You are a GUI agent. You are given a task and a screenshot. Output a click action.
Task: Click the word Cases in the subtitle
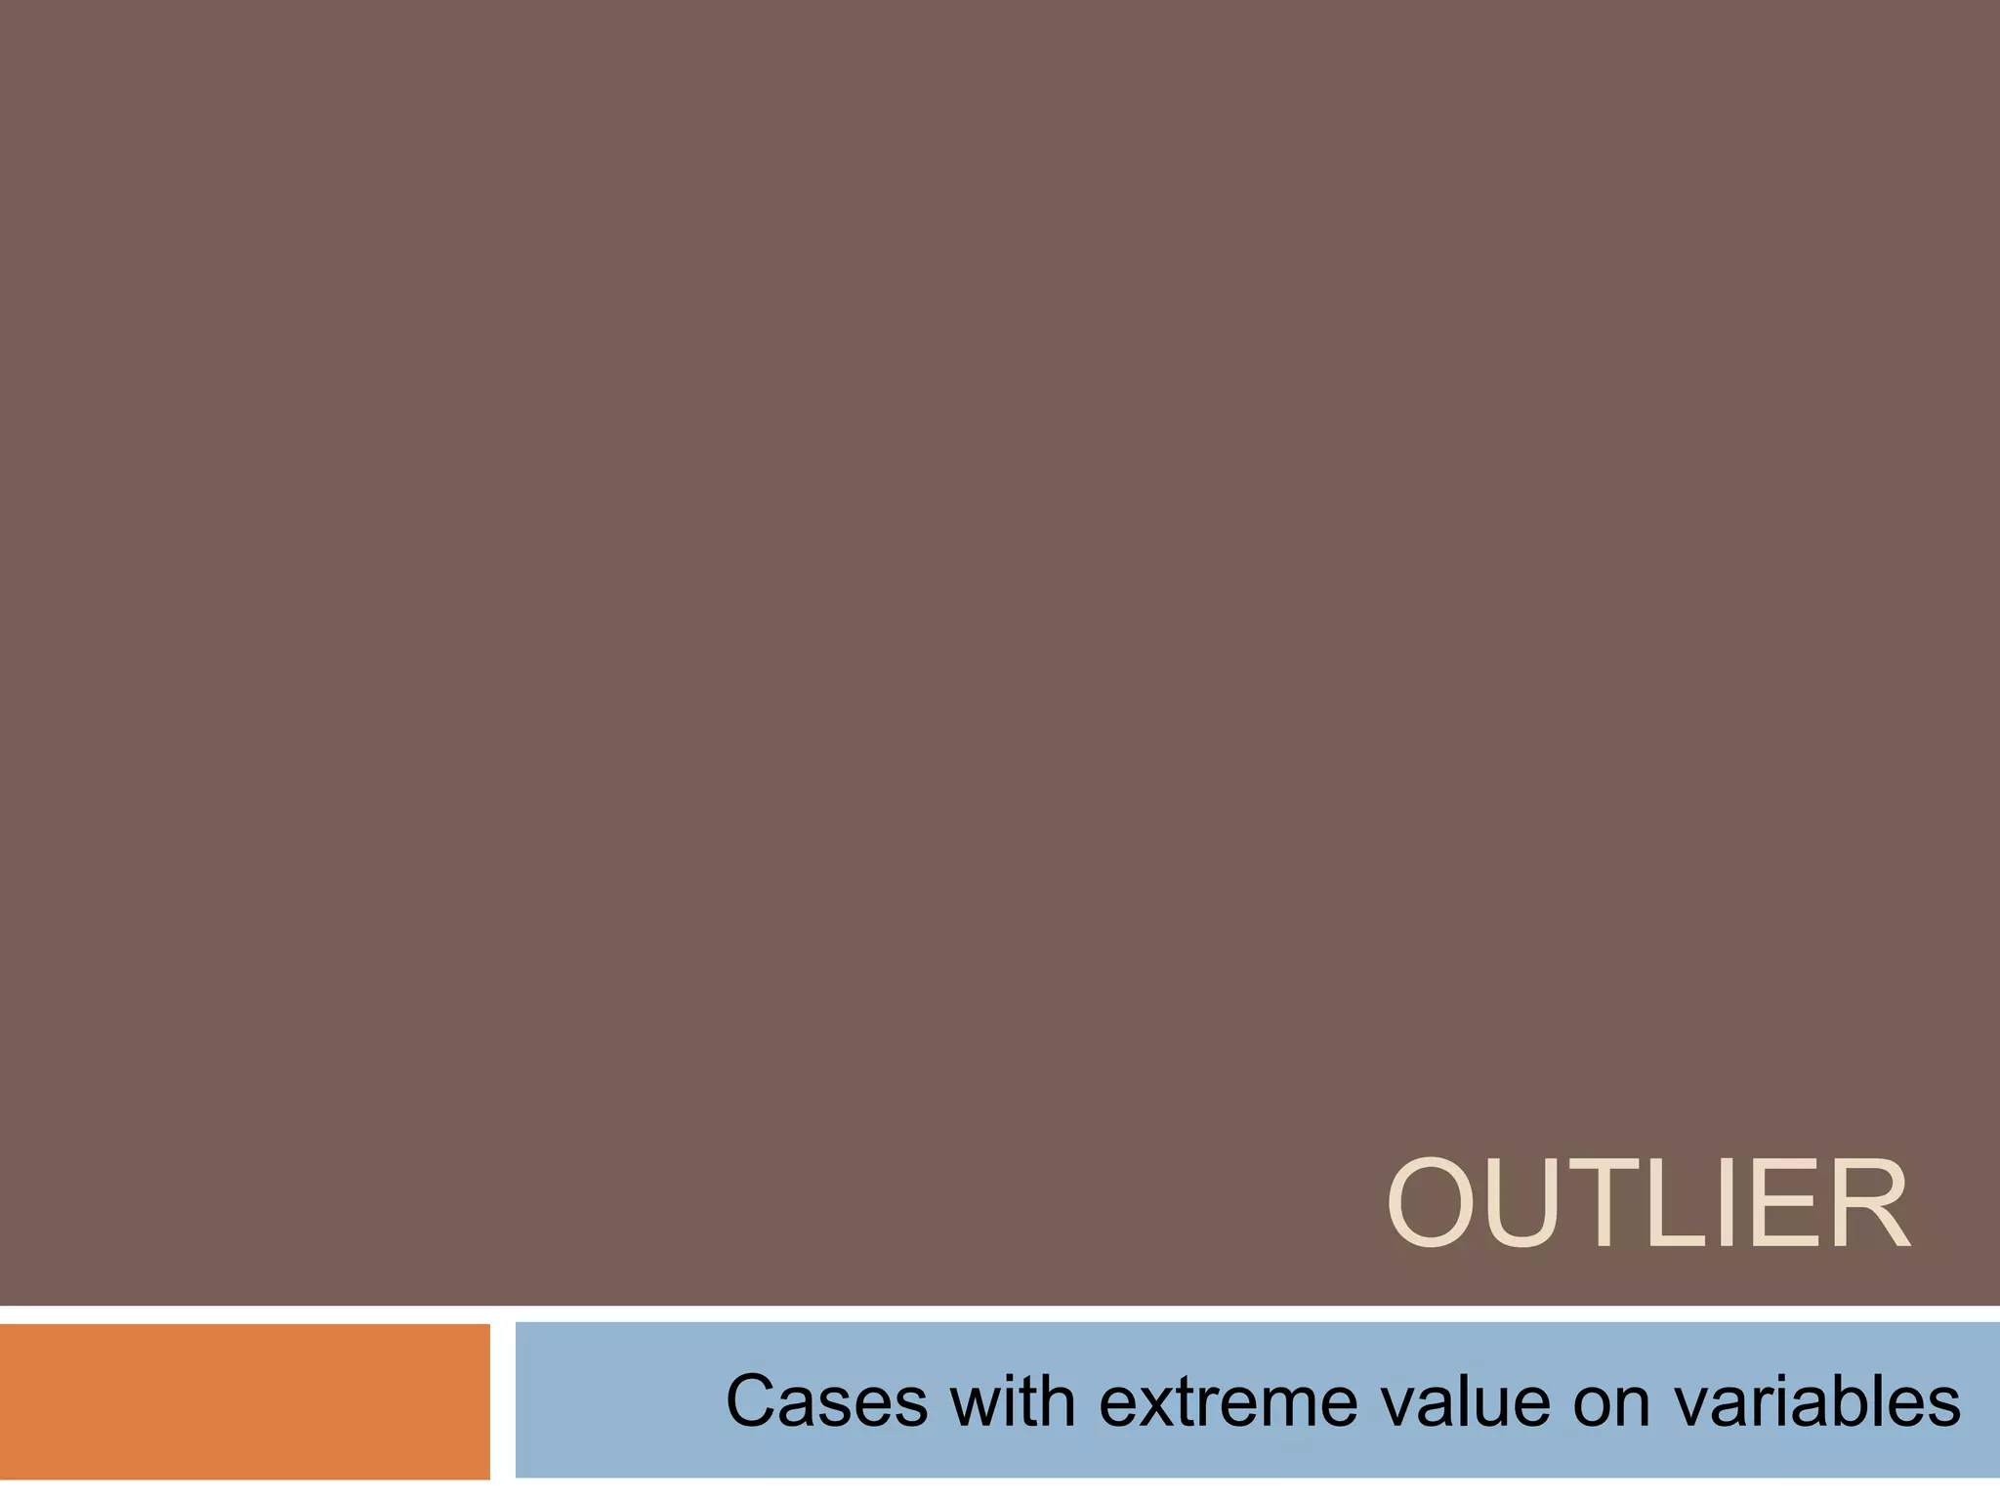[x=826, y=1402]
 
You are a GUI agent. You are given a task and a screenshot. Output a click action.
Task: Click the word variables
[x=1816, y=1402]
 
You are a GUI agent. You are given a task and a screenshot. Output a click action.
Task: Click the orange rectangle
[x=244, y=1401]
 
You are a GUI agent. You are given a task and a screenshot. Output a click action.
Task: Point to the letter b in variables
[x=1862, y=1402]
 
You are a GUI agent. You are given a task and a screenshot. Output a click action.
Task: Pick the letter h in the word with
[x=1058, y=1402]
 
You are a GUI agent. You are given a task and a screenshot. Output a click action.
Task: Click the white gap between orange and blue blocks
[x=502, y=1401]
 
